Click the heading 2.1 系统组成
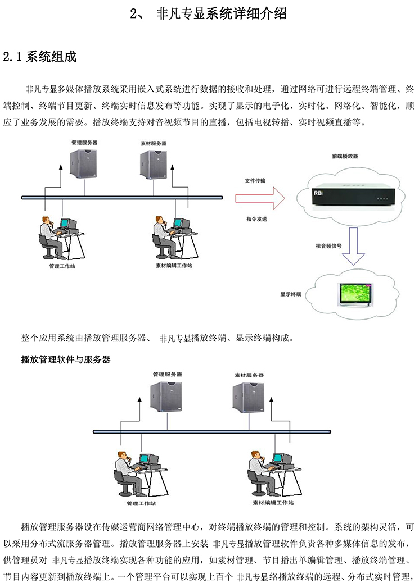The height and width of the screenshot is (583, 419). click(40, 57)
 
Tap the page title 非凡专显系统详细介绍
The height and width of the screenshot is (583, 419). click(222, 13)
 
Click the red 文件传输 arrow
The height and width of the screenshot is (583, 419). click(260, 198)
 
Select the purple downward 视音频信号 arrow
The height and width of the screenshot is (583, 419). click(353, 246)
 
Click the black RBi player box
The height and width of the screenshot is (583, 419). click(353, 197)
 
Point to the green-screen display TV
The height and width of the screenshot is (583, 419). click(355, 294)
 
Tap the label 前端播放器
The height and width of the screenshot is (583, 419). click(345, 157)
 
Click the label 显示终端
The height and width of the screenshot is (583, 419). click(291, 294)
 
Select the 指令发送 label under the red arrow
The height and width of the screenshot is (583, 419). click(256, 219)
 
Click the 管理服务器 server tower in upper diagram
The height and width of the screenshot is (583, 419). click(83, 163)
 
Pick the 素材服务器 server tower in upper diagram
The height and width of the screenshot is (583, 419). click(153, 165)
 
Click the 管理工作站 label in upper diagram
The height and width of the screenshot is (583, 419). click(62, 266)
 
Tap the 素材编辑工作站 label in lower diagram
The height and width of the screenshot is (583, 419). click(273, 503)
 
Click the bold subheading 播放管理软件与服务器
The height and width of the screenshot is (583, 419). click(66, 359)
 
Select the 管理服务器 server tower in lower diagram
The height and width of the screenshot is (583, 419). click(166, 397)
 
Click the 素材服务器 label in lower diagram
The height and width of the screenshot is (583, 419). click(249, 375)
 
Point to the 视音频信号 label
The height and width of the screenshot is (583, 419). click(328, 246)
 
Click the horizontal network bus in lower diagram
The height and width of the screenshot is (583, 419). click(212, 432)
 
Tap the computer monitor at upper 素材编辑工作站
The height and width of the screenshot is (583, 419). click(182, 224)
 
